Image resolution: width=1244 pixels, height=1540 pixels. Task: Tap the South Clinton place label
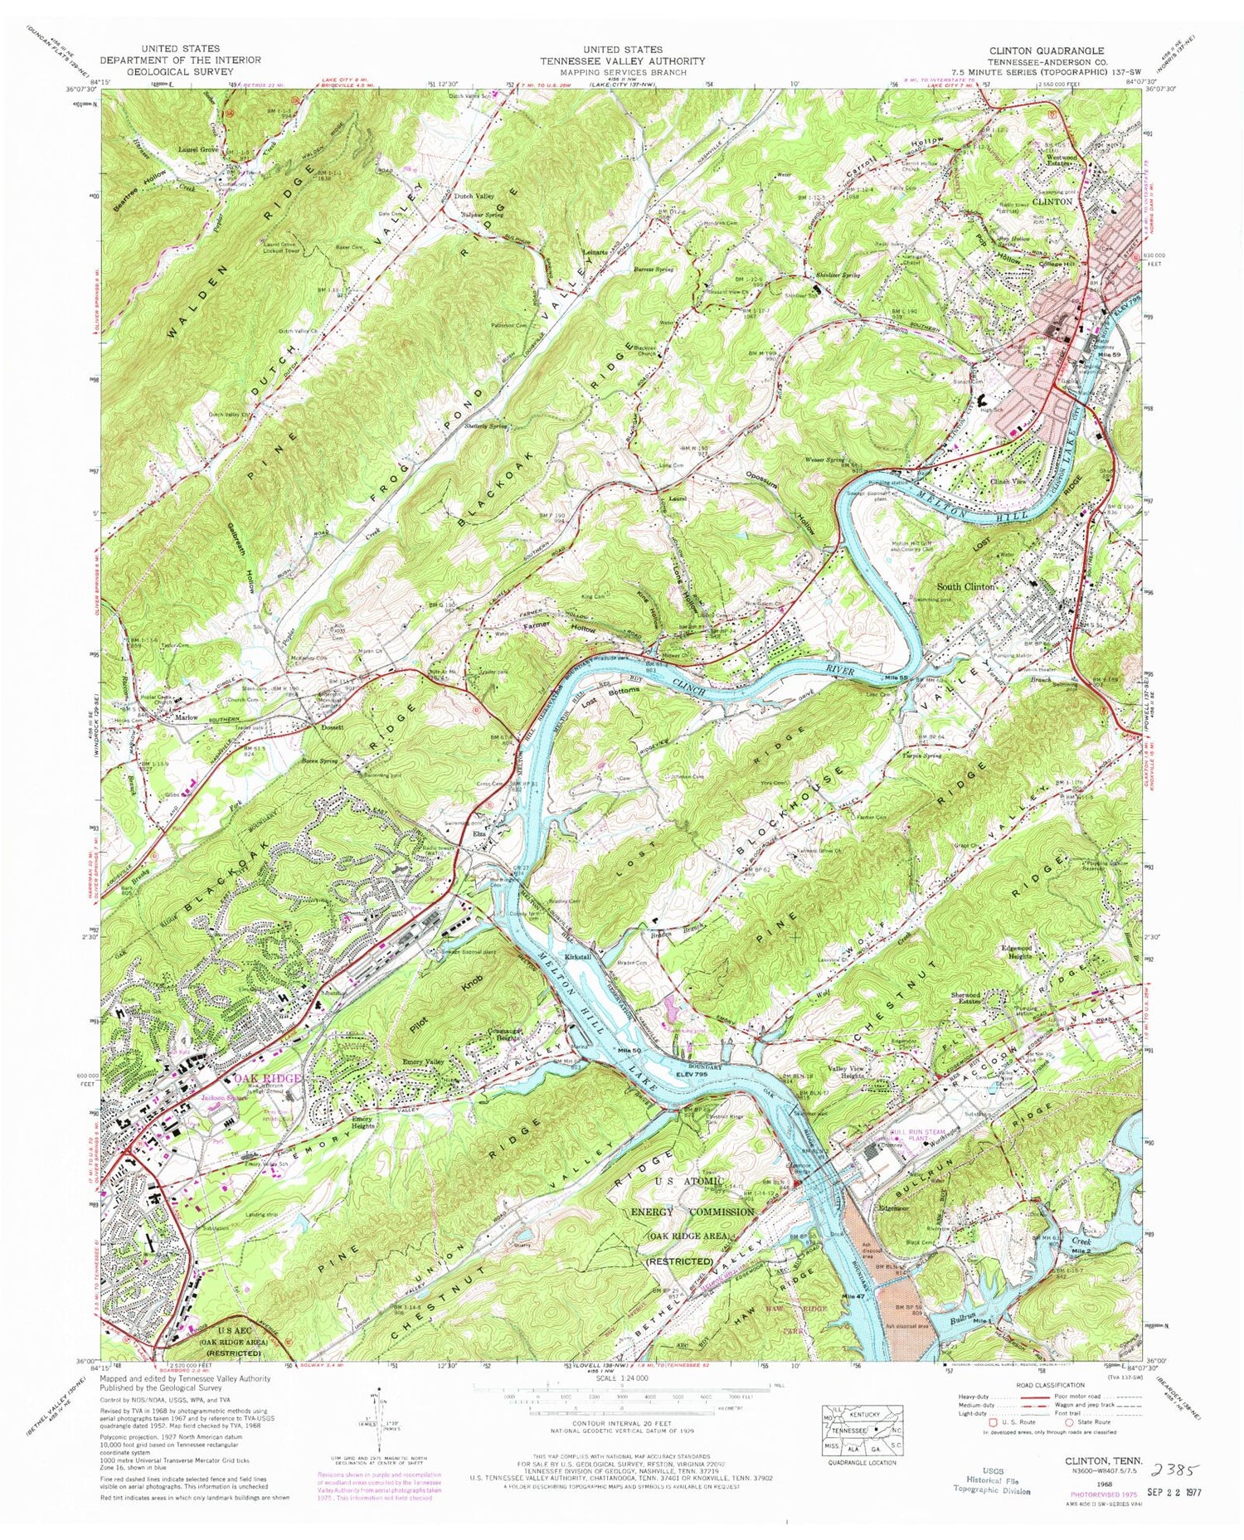(x=965, y=586)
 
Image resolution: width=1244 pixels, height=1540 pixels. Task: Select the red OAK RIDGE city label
(x=267, y=1078)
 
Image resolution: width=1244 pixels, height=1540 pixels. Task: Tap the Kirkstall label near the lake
(x=577, y=957)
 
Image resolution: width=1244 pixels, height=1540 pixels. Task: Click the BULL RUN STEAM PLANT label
(x=894, y=1135)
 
